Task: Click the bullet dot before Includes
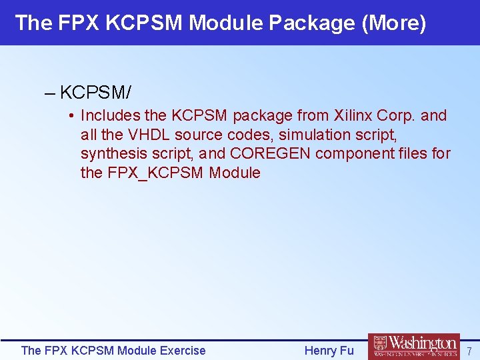(x=71, y=116)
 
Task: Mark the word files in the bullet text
(x=416, y=154)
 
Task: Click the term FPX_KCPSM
(x=155, y=173)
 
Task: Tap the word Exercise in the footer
(x=182, y=351)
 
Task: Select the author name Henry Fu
(x=329, y=351)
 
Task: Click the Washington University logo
(x=414, y=346)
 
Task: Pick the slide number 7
(x=469, y=351)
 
